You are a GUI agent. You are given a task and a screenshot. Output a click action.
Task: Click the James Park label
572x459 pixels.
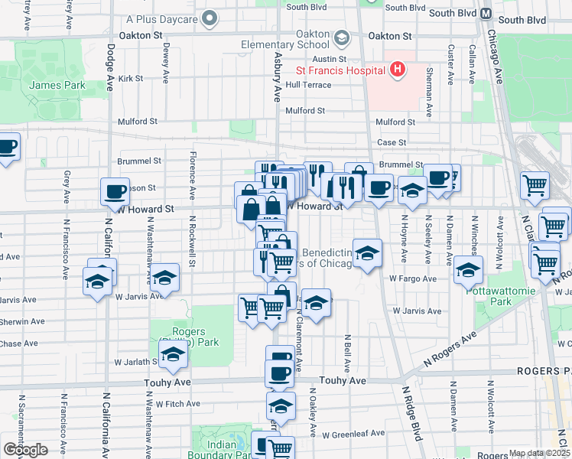click(57, 86)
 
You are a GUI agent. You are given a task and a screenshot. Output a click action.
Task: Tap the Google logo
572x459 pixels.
click(25, 450)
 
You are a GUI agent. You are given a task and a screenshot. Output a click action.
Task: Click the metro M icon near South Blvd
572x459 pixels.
click(486, 14)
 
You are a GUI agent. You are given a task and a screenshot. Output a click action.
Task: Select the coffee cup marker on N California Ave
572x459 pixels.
click(115, 191)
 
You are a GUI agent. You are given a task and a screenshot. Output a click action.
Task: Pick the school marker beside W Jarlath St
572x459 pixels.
click(174, 355)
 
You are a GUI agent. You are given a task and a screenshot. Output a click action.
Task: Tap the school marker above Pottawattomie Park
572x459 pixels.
click(468, 269)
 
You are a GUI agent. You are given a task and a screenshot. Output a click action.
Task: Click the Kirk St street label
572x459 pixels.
click(130, 78)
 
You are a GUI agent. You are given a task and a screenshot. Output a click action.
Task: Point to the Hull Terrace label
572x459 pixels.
click(314, 85)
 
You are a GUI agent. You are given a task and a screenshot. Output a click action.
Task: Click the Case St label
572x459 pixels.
click(392, 142)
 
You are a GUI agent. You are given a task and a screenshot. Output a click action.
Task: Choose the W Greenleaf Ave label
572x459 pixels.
click(353, 434)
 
